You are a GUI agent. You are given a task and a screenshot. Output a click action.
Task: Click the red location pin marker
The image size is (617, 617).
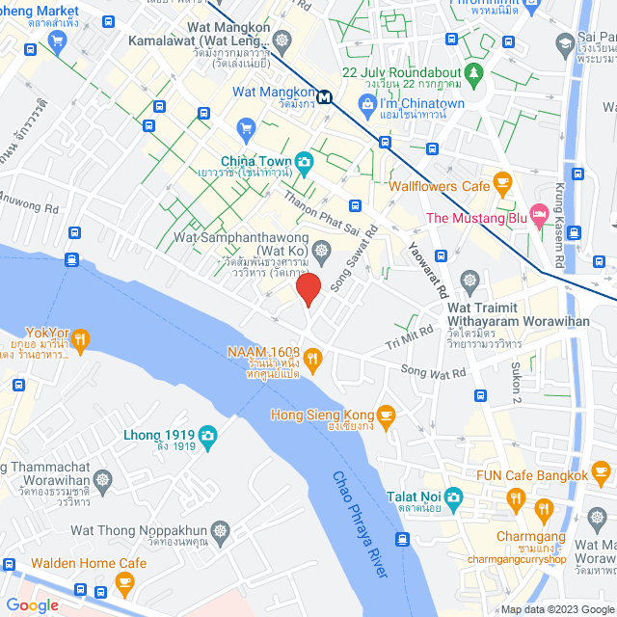[x=308, y=288]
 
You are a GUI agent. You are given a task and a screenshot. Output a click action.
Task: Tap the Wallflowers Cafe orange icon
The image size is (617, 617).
[x=501, y=181]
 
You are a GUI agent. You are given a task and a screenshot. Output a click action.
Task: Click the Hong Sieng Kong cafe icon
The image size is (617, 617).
[x=386, y=416]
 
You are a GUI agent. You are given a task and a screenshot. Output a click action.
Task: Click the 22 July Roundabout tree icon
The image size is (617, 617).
[x=472, y=72]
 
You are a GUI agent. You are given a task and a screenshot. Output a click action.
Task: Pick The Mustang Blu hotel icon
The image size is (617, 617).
[x=540, y=211]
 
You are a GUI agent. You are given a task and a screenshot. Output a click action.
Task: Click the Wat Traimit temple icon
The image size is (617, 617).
[x=469, y=282]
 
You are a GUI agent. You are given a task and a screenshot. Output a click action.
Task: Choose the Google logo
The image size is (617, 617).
[x=32, y=605]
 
